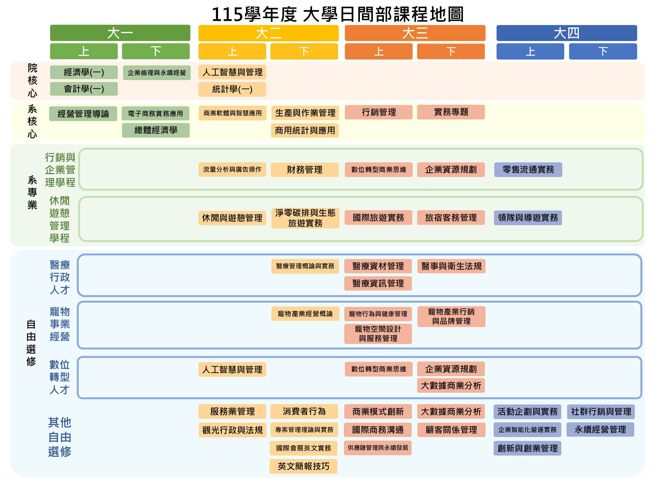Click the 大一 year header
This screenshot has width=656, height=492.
click(x=120, y=33)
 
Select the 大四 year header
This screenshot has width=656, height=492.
click(x=567, y=33)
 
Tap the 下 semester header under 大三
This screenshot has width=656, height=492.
click(x=451, y=51)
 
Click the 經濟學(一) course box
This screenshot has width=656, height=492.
click(x=84, y=72)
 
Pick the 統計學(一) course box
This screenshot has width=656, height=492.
click(x=232, y=89)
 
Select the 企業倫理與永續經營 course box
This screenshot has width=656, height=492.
click(x=157, y=73)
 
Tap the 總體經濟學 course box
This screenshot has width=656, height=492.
click(x=156, y=130)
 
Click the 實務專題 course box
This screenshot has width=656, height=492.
click(x=451, y=112)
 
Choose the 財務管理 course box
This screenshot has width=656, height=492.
click(x=305, y=170)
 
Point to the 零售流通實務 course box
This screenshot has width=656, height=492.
click(x=528, y=170)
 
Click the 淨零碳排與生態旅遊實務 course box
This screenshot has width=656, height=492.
click(x=305, y=218)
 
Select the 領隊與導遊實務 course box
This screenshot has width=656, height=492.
click(x=528, y=218)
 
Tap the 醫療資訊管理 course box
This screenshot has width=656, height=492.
click(x=378, y=283)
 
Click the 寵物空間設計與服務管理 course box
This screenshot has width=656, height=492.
click(x=378, y=334)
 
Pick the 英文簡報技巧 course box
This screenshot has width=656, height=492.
click(x=303, y=466)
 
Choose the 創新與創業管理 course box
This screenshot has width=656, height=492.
click(x=527, y=448)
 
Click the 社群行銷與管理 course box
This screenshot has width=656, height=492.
click(x=601, y=412)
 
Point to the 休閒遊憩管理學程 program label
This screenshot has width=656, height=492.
click(x=60, y=219)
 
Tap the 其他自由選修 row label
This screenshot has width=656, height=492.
click(x=60, y=437)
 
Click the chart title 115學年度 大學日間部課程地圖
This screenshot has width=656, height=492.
click(x=337, y=14)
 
